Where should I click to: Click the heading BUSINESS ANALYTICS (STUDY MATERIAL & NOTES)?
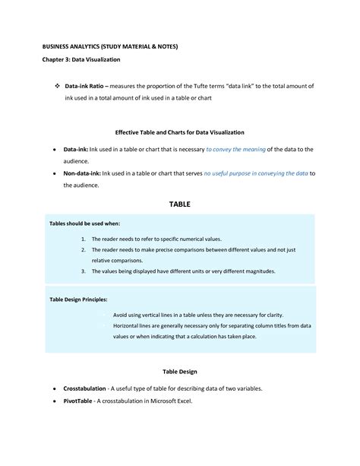click(110, 46)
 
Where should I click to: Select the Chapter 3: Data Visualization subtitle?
click(81, 59)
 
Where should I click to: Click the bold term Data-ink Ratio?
click(85, 87)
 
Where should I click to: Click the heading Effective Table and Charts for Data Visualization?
click(180, 132)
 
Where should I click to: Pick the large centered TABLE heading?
click(180, 204)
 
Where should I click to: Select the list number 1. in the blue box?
click(82, 239)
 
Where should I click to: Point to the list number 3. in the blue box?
click(82, 271)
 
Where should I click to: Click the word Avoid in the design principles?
click(122, 314)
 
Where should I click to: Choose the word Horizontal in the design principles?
click(129, 325)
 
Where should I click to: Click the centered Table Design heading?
click(180, 372)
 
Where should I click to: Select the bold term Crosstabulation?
click(87, 388)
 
